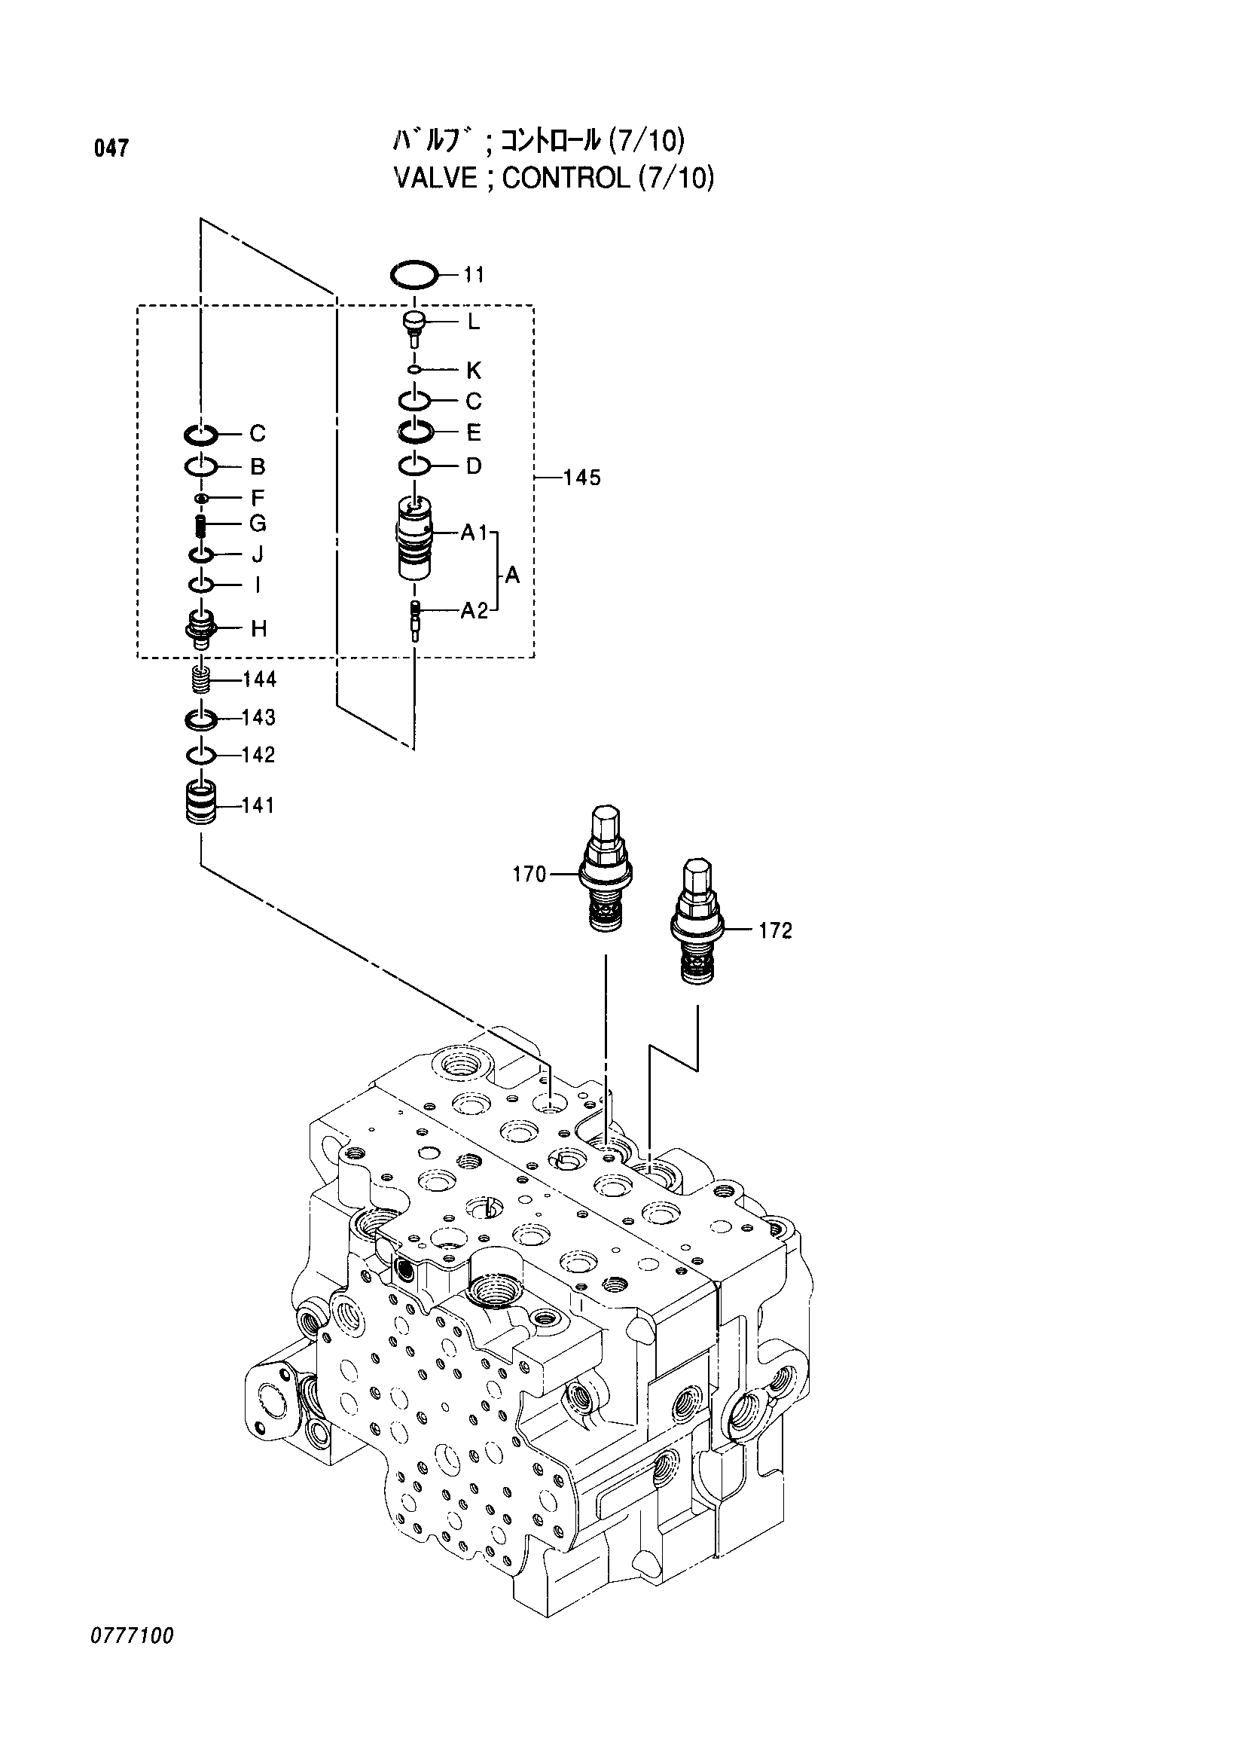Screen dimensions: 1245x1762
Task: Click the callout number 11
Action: click(x=473, y=275)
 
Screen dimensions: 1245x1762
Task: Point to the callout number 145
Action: click(x=581, y=478)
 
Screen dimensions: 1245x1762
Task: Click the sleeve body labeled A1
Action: click(x=414, y=539)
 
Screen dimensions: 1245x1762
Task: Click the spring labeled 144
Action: click(x=200, y=680)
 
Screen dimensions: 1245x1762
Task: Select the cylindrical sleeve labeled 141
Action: click(x=201, y=804)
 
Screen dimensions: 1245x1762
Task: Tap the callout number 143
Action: click(x=258, y=718)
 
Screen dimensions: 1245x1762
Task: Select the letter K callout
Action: click(x=473, y=371)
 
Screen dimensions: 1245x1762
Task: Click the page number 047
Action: click(x=111, y=148)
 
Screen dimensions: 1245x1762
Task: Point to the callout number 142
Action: click(x=258, y=755)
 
